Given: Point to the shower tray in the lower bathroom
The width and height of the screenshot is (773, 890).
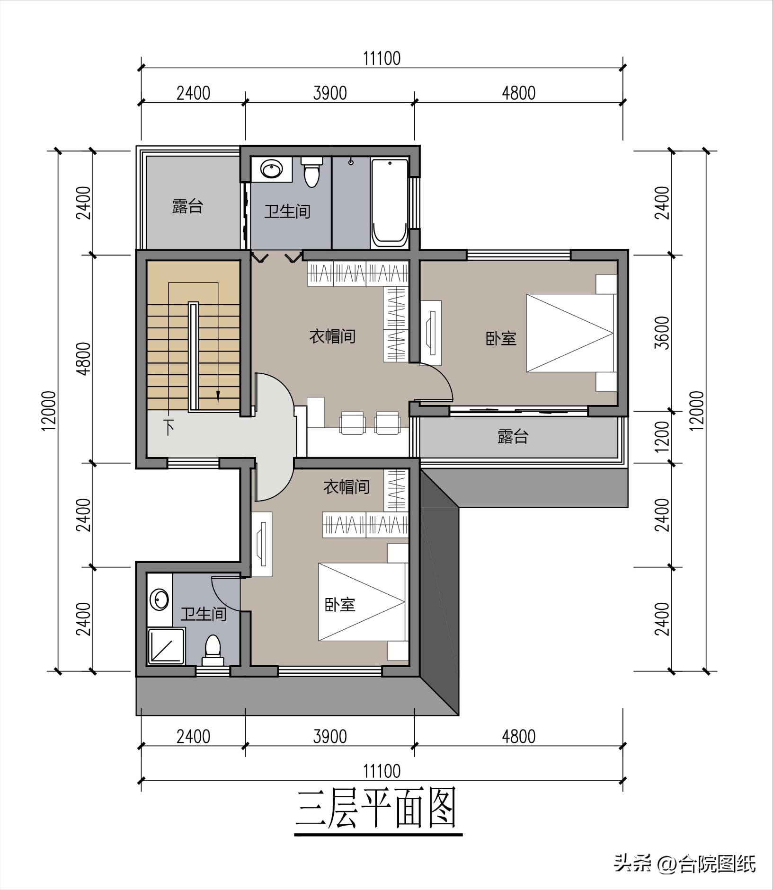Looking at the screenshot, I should pyautogui.click(x=166, y=646).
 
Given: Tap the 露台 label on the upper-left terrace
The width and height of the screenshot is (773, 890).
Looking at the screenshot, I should pyautogui.click(x=187, y=206).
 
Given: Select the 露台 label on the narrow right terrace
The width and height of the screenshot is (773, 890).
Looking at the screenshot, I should pyautogui.click(x=513, y=436).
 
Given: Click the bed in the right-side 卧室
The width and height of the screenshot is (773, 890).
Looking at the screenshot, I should pyautogui.click(x=570, y=333).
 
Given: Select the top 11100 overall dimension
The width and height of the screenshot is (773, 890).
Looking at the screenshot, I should pyautogui.click(x=382, y=59).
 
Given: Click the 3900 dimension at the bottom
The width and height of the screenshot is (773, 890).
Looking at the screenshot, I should pyautogui.click(x=330, y=737).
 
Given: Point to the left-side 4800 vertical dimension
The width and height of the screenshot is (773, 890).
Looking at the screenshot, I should pyautogui.click(x=84, y=359).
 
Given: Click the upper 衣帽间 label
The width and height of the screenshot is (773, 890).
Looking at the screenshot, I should pyautogui.click(x=332, y=336).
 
